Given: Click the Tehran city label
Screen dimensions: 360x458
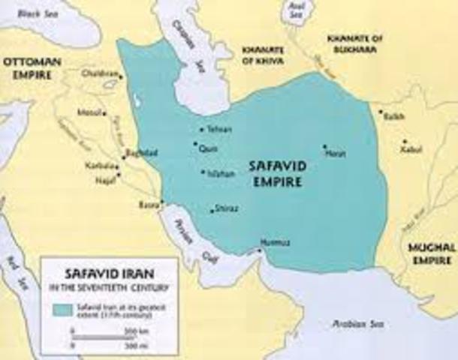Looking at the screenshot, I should [215, 130].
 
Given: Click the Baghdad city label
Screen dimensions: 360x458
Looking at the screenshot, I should [146, 153].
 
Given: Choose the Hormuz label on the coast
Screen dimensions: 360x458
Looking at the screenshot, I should [270, 241].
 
